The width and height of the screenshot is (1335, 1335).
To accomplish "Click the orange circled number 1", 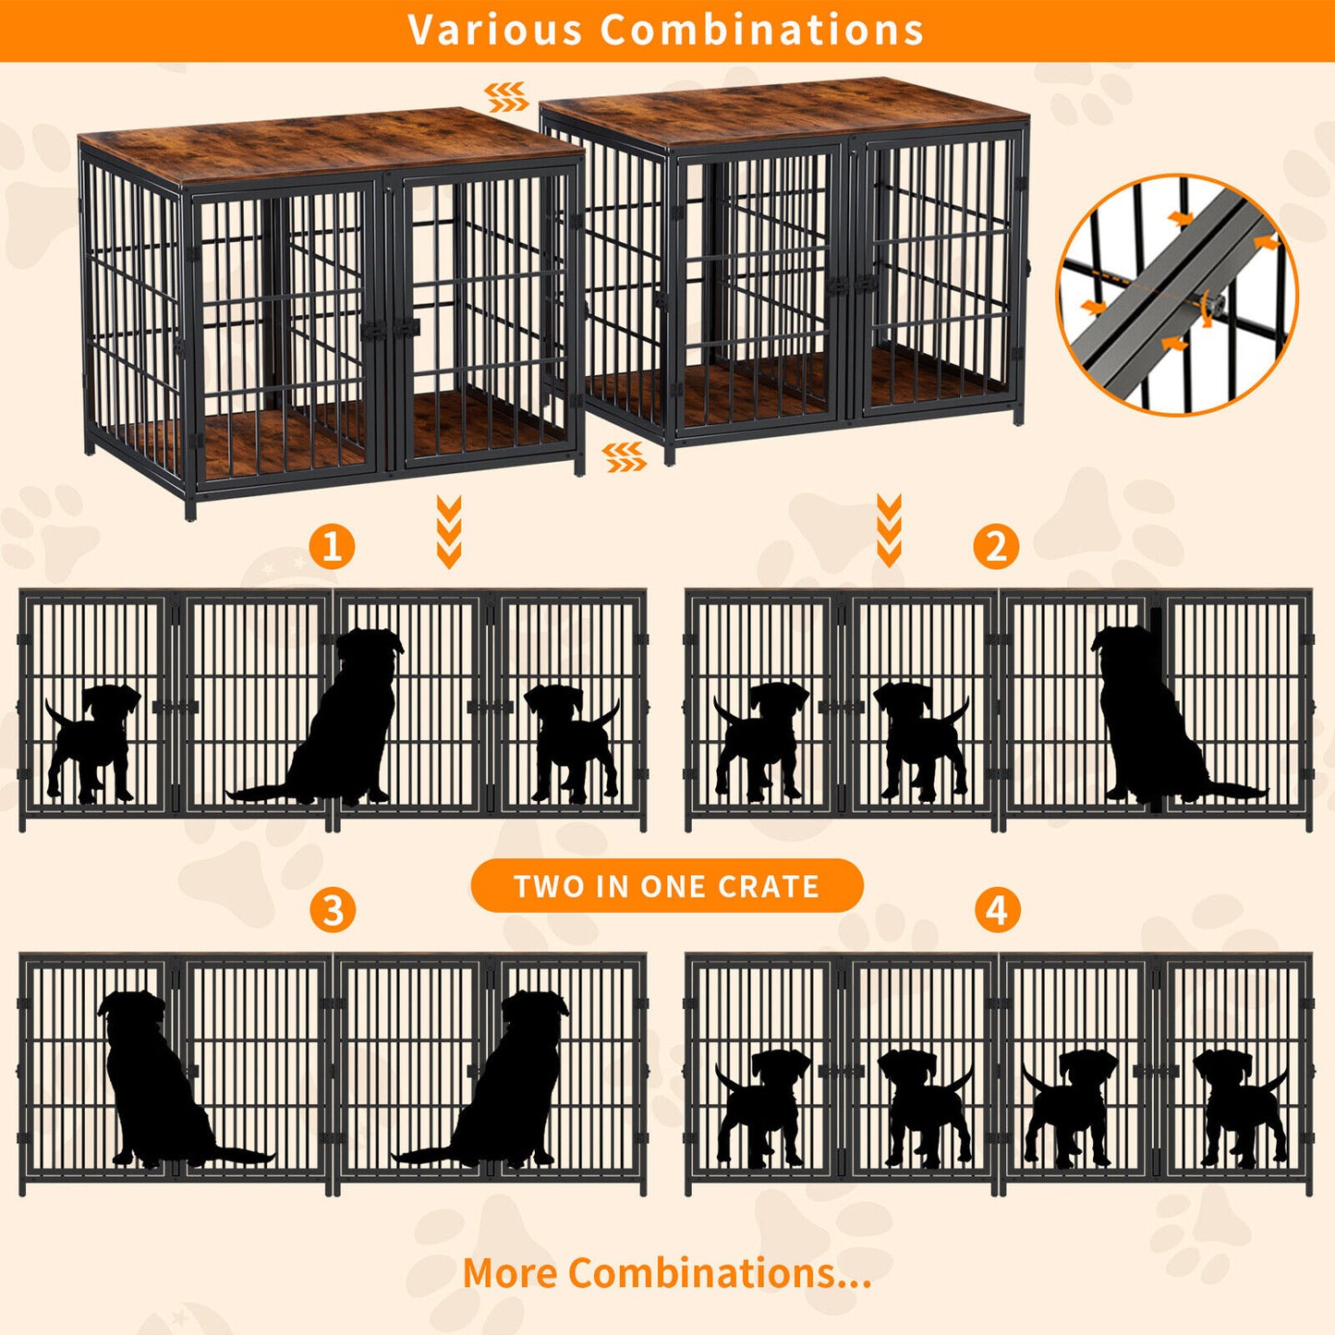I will [x=332, y=546].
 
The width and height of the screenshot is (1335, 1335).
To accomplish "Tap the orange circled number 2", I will [x=996, y=546].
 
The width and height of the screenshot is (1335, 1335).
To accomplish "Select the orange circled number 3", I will [x=333, y=910].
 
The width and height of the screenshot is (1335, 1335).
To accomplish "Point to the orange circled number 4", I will [x=997, y=910].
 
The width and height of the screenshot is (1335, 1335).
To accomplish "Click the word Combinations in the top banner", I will [x=762, y=30].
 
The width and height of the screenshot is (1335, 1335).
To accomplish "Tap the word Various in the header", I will [x=494, y=30].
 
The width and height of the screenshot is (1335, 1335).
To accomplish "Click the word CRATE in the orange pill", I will [x=769, y=887].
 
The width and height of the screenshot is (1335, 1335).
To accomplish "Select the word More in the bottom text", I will [x=510, y=1273].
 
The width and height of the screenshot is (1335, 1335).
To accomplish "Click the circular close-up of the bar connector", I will [x=1176, y=294].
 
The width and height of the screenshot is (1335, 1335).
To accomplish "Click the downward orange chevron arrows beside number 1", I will [x=449, y=531].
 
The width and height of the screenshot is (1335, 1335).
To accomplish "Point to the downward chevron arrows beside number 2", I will [x=889, y=530].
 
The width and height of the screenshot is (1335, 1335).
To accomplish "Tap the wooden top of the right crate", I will [x=785, y=111].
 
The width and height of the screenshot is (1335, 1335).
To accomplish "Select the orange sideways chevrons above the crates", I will [x=507, y=96].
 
